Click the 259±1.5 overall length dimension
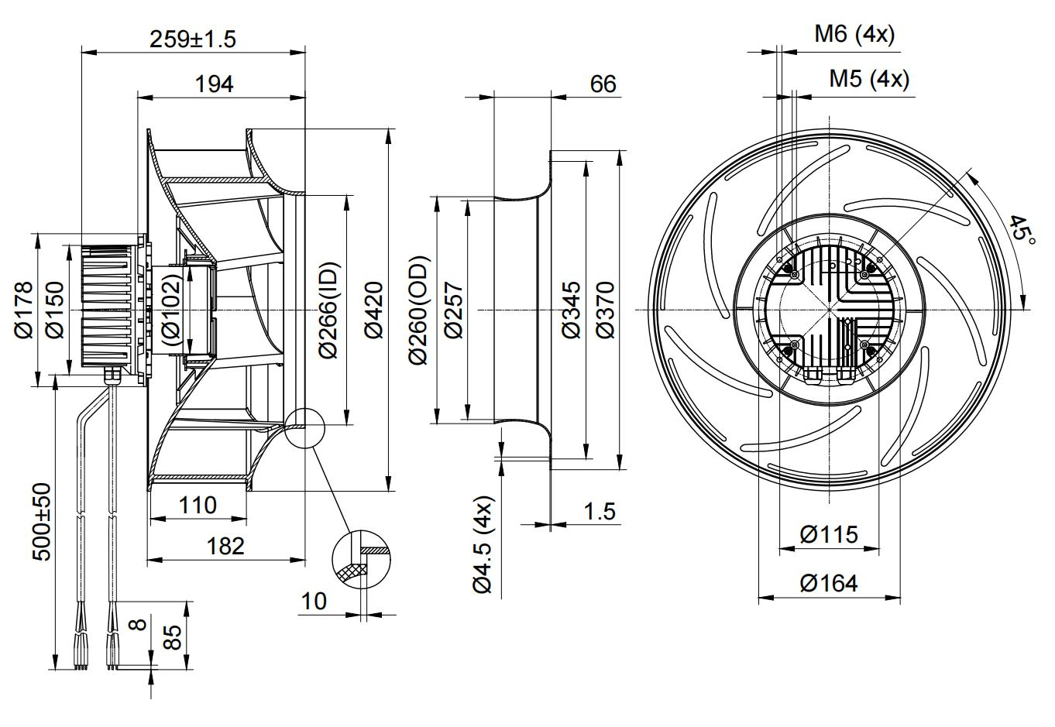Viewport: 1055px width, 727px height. [192, 38]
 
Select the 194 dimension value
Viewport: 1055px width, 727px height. [215, 84]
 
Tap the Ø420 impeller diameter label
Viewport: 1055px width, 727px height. [374, 310]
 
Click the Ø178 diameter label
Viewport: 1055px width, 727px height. [24, 310]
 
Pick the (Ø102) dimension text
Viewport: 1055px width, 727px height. [172, 310]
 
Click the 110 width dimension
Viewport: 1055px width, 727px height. [198, 506]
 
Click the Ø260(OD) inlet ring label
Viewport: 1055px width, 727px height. [418, 310]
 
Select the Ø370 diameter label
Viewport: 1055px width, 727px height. [605, 310]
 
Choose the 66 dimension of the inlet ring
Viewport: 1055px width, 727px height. [603, 84]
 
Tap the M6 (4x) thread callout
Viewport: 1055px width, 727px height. [854, 34]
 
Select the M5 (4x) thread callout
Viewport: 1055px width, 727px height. [869, 78]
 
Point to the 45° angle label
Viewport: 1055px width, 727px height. [1021, 230]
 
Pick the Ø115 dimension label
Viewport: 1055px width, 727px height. [829, 534]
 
